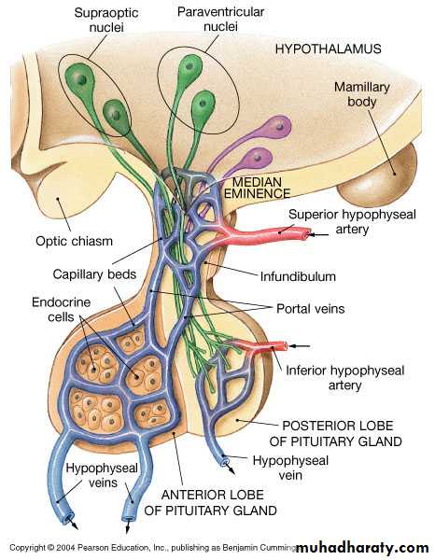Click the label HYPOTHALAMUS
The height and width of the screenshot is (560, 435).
point(328,49)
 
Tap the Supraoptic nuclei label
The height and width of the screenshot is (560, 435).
point(106,20)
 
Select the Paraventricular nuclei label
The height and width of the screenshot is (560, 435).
point(220,20)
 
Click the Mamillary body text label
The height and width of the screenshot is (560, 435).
point(362,94)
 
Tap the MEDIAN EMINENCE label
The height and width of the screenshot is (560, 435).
point(257,188)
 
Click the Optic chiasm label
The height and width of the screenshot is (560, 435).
point(75,241)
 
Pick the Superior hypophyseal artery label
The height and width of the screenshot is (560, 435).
point(352,221)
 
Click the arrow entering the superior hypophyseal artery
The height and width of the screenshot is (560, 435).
point(319,234)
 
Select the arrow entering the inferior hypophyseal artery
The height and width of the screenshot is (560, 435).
point(299,345)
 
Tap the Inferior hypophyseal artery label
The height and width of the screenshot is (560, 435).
point(345,377)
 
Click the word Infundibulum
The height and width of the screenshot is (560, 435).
point(298,276)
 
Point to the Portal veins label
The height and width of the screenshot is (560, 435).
point(311,309)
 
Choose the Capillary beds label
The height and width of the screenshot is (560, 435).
point(94,274)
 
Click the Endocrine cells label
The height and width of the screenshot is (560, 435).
point(61,309)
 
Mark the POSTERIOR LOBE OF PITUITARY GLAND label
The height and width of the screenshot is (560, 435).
point(336,434)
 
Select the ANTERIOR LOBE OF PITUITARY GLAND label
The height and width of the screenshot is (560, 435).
point(211,502)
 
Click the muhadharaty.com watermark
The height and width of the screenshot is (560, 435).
point(362,547)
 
